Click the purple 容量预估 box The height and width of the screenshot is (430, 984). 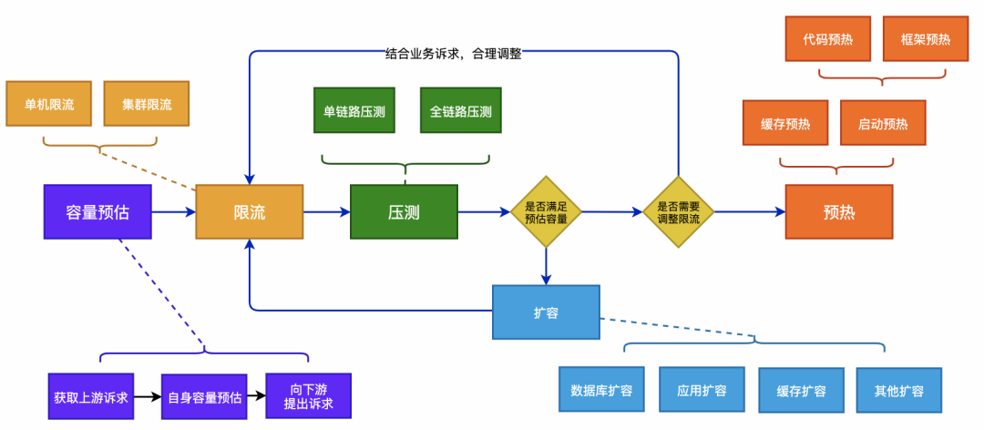pyautogui.click(x=97, y=212)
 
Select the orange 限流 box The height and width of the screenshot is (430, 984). pyautogui.click(x=249, y=212)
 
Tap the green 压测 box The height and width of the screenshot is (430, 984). pyautogui.click(x=404, y=212)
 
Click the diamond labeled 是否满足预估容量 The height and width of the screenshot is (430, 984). pyautogui.click(x=546, y=212)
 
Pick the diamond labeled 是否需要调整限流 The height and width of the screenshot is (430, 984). pyautogui.click(x=678, y=212)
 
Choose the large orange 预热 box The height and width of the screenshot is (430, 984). pyautogui.click(x=839, y=212)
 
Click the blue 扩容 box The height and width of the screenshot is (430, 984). pyautogui.click(x=546, y=312)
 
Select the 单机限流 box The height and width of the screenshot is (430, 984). pyautogui.click(x=48, y=104)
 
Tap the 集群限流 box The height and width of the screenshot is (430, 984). pyautogui.click(x=147, y=104)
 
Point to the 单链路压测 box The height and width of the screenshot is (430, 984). pyautogui.click(x=354, y=111)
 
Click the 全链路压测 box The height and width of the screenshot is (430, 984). pyautogui.click(x=460, y=111)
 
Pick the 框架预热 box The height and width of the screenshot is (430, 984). pyautogui.click(x=926, y=39)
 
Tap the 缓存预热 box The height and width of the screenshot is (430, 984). pyautogui.click(x=785, y=123)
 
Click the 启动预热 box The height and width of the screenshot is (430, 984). pyautogui.click(x=883, y=123)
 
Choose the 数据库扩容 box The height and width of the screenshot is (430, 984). pyautogui.click(x=601, y=390)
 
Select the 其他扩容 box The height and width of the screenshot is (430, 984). pyautogui.click(x=898, y=390)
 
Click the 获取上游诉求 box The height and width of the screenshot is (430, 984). pyautogui.click(x=91, y=396)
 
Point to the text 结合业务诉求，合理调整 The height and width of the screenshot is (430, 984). pyautogui.click(x=454, y=54)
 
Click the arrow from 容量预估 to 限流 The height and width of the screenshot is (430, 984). pyautogui.click(x=173, y=212)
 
